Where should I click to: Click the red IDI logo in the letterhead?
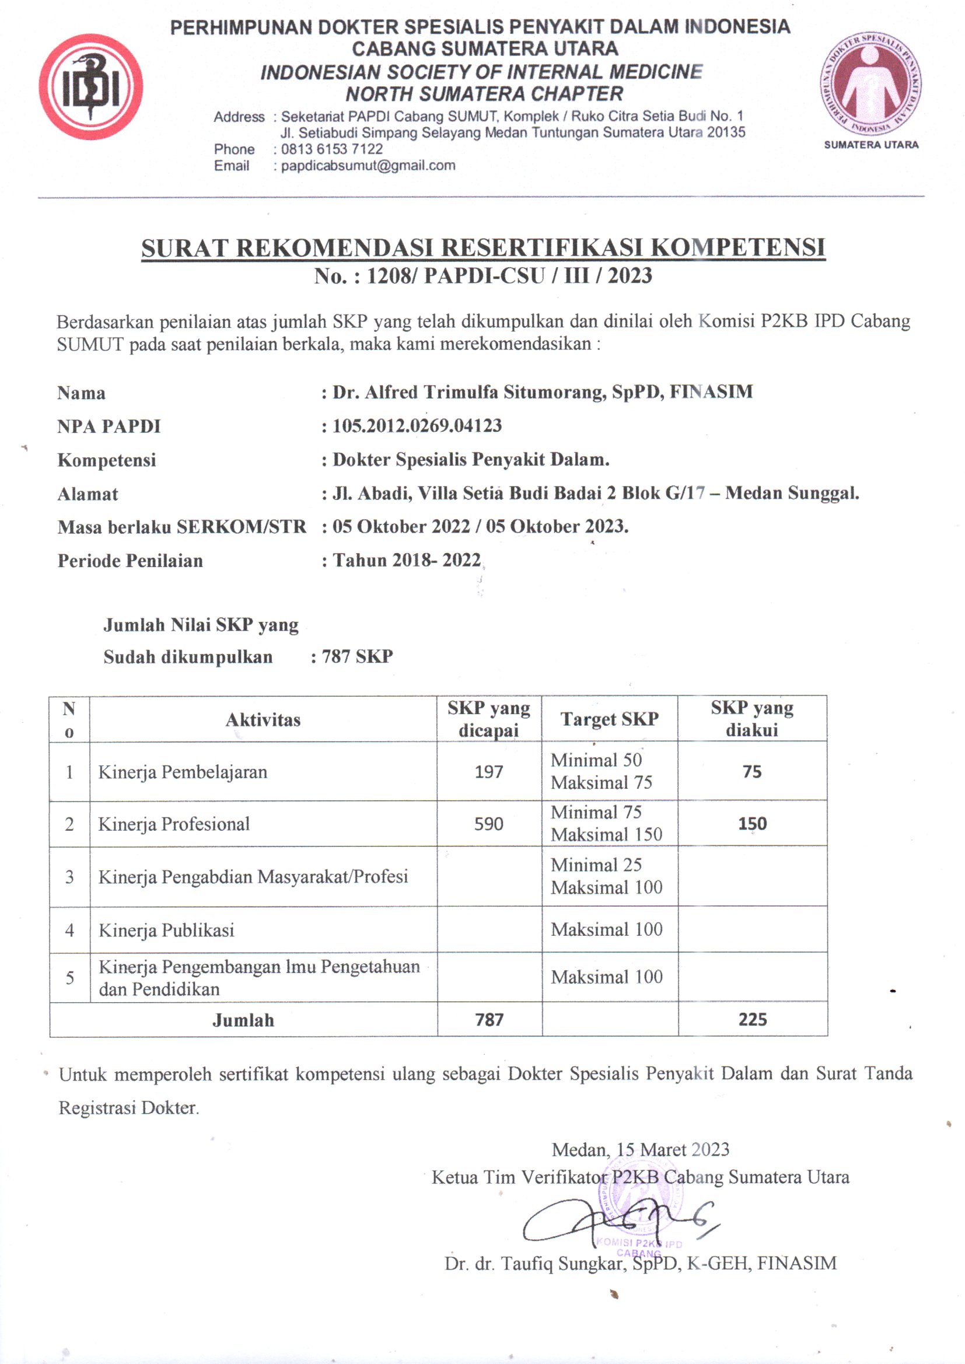click(91, 87)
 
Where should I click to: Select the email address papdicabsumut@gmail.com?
click(368, 166)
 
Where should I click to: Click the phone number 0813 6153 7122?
click(331, 149)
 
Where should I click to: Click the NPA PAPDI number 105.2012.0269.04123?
click(417, 426)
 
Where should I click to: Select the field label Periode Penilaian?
click(130, 561)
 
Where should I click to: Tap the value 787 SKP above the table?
click(357, 656)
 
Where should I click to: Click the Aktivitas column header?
click(263, 720)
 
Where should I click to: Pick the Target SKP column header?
click(609, 719)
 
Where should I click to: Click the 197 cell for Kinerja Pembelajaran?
click(488, 772)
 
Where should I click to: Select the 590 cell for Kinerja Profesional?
click(488, 824)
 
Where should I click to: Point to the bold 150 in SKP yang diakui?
click(751, 824)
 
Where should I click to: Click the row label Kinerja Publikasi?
click(166, 930)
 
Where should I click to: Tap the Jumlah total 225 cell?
click(752, 1019)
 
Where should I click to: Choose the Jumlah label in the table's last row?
click(243, 1020)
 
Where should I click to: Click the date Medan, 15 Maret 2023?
click(640, 1149)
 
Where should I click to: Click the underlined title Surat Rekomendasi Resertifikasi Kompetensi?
click(482, 248)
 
